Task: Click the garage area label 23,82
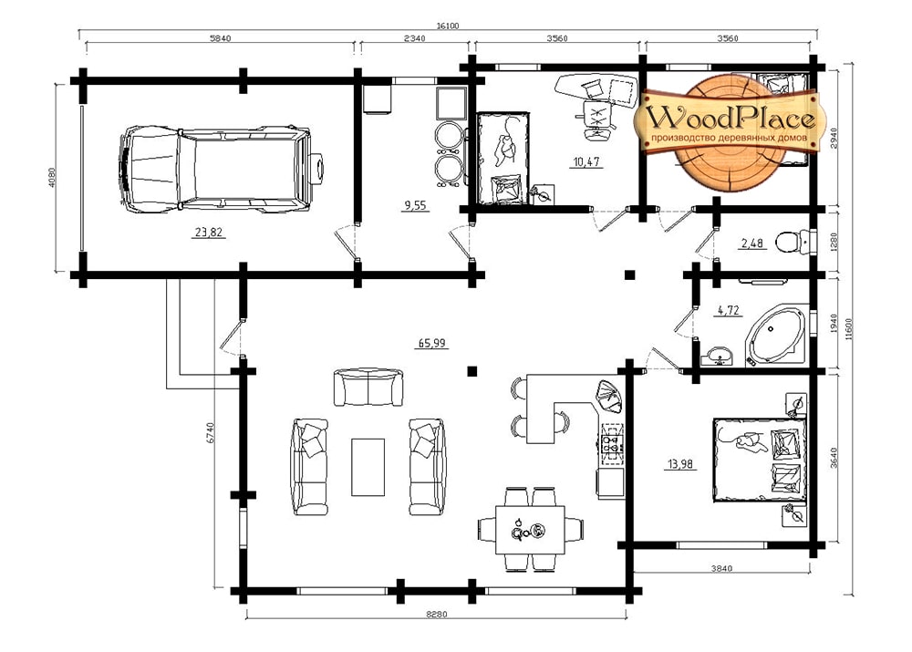click(209, 232)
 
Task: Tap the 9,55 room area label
click(415, 205)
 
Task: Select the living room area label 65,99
click(431, 343)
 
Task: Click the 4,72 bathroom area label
click(728, 310)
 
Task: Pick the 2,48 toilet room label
click(751, 243)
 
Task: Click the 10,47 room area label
click(586, 161)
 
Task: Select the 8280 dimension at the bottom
click(436, 615)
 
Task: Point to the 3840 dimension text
click(721, 568)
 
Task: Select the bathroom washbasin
click(719, 355)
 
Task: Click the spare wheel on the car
click(317, 169)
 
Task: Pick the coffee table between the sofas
click(368, 467)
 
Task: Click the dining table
click(530, 530)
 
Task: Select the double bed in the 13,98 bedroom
click(761, 459)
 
